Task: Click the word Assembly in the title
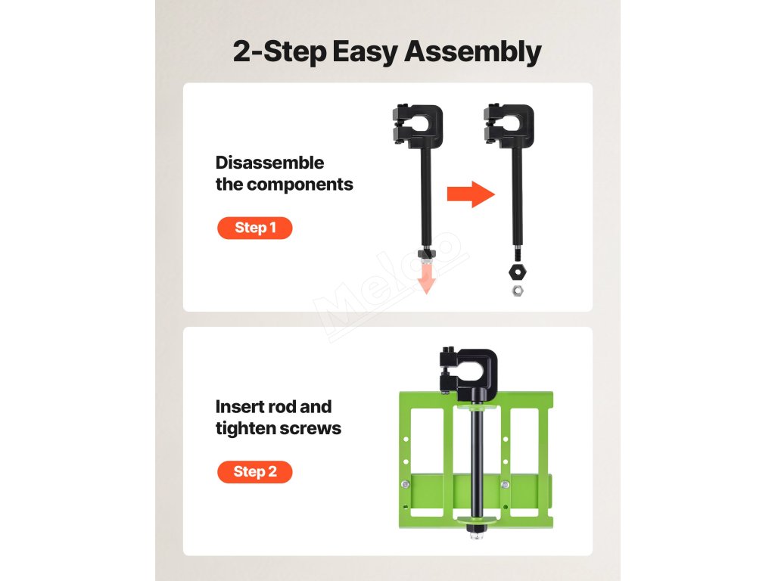tap(472, 52)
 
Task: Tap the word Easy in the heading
tap(365, 52)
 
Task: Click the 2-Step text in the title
tap(280, 52)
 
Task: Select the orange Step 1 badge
tap(254, 228)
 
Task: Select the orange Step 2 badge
tap(254, 472)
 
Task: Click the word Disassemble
tap(269, 163)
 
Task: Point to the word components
tap(300, 185)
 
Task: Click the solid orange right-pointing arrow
tap(471, 194)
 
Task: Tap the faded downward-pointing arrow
tap(426, 278)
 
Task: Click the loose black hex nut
tap(518, 272)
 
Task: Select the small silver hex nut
tap(518, 290)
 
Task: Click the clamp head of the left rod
tap(418, 126)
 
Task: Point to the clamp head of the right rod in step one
tap(509, 126)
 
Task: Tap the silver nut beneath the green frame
tap(477, 533)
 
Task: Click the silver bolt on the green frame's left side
tap(406, 485)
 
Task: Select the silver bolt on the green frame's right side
tap(505, 485)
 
